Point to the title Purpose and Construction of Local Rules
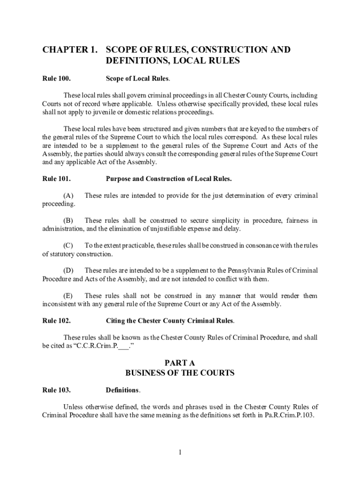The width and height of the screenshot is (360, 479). (x=169, y=179)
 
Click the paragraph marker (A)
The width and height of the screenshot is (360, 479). (x=68, y=196)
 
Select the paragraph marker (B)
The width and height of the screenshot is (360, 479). (x=68, y=220)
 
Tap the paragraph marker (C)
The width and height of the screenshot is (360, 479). (x=68, y=246)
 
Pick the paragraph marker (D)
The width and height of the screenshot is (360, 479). (x=68, y=270)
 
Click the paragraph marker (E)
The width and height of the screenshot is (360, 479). (x=68, y=296)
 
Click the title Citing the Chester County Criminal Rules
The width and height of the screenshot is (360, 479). (x=170, y=321)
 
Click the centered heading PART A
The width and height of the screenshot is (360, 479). (x=180, y=363)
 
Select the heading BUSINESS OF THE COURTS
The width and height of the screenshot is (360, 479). (x=180, y=373)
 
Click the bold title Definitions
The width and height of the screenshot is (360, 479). (x=122, y=390)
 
